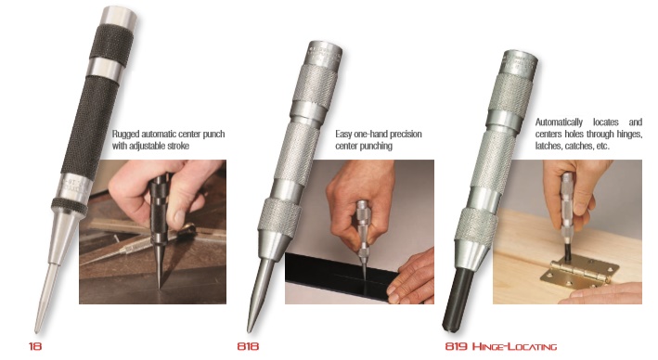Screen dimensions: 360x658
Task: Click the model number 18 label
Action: pos(34,346)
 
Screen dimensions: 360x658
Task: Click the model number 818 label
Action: pos(248,346)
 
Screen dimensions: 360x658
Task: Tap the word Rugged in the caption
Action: pos(127,134)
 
